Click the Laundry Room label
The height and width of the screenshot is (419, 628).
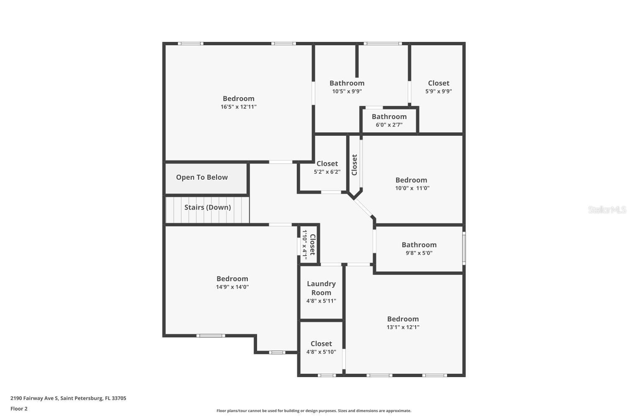321,288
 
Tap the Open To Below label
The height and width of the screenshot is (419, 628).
202,177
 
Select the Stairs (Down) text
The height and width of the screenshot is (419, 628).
208,207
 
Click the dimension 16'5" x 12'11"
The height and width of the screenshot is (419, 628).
239,107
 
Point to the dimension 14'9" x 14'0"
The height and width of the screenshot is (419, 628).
232,287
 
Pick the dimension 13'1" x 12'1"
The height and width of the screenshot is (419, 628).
403,327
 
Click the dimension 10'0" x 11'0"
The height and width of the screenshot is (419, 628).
412,188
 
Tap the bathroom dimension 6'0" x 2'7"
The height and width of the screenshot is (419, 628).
389,125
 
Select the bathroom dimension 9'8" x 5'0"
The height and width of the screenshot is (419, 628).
419,253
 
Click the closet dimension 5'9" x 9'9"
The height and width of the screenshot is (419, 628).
438,91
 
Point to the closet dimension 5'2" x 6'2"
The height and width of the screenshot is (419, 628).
327,172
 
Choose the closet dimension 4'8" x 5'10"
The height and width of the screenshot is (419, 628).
321,352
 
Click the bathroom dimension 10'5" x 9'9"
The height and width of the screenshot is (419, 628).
347,91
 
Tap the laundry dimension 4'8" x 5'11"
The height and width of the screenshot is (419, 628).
321,301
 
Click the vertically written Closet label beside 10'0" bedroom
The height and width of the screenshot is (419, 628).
355,165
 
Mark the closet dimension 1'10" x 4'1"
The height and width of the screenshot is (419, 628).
305,245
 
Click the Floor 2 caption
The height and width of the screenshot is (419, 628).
19,409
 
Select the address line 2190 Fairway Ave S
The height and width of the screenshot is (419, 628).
68,398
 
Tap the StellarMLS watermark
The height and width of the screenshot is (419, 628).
607,209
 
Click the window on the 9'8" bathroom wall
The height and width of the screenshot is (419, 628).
464,249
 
